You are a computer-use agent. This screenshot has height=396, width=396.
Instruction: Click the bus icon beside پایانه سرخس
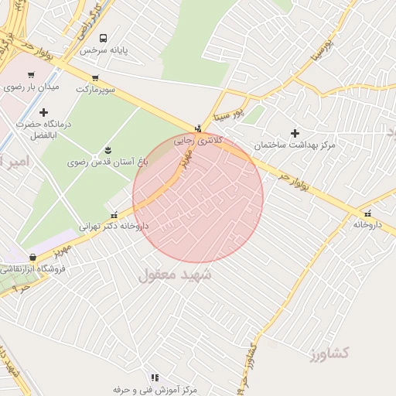(103, 37)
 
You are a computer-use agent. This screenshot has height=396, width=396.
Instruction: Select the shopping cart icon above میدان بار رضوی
(31, 76)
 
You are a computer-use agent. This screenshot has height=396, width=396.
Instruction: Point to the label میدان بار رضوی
(32, 87)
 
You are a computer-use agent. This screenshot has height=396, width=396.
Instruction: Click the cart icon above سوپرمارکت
(95, 78)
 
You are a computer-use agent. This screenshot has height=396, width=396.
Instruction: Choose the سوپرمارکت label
(96, 89)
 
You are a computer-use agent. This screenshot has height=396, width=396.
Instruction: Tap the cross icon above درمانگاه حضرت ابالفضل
(43, 112)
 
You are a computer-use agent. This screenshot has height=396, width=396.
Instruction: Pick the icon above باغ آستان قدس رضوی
(107, 150)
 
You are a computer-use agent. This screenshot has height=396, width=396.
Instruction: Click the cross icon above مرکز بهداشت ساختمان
(295, 133)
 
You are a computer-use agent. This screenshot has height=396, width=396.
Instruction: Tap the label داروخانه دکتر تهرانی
(114, 227)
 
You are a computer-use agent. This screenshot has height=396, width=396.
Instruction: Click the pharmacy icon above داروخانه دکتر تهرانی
(114, 215)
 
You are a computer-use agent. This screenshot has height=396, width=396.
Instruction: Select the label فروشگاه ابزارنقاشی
(32, 269)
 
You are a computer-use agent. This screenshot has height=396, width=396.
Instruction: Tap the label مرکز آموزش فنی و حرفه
(155, 389)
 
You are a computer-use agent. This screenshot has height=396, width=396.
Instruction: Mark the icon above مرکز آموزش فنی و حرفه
(155, 377)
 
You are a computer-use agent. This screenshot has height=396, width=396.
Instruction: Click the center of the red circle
(198, 198)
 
